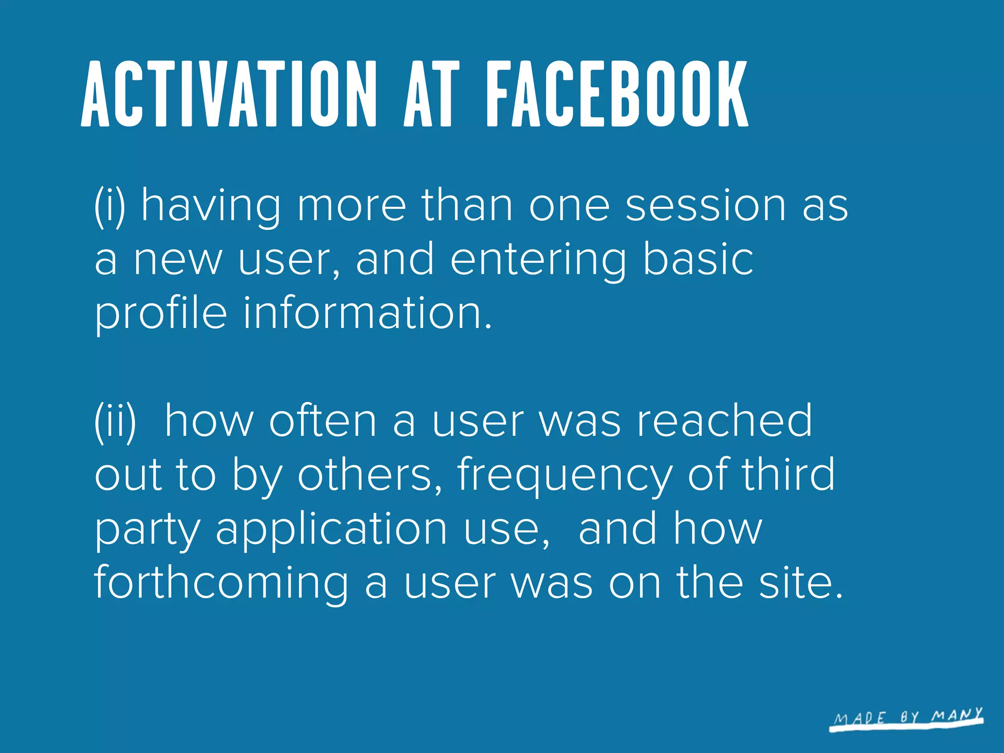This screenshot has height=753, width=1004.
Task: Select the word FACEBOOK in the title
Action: click(x=617, y=94)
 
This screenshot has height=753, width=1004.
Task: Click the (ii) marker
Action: click(x=115, y=422)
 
